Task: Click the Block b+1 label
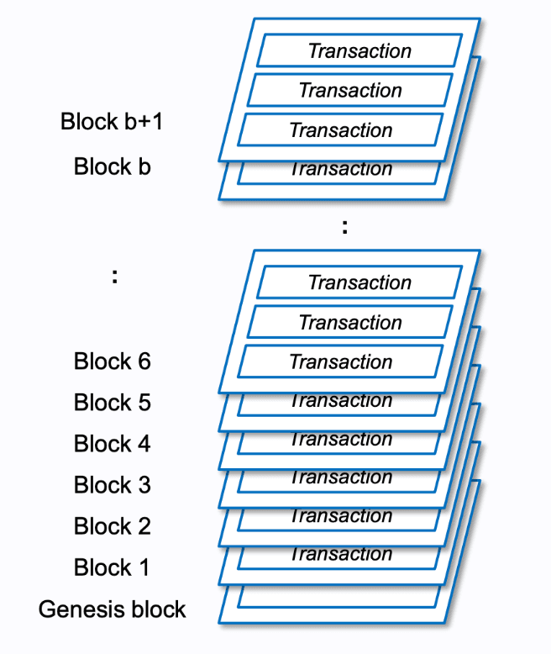pyautogui.click(x=112, y=121)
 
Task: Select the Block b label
pyautogui.click(x=112, y=166)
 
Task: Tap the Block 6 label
pyautogui.click(x=112, y=361)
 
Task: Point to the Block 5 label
pyautogui.click(x=112, y=403)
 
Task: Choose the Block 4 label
pyautogui.click(x=112, y=444)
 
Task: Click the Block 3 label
pyautogui.click(x=112, y=485)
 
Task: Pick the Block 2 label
pyautogui.click(x=112, y=526)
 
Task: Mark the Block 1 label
pyautogui.click(x=112, y=567)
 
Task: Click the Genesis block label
pyautogui.click(x=112, y=609)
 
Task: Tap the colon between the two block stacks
pyautogui.click(x=344, y=226)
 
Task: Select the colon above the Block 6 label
pyautogui.click(x=114, y=277)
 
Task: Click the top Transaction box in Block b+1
pyautogui.click(x=359, y=50)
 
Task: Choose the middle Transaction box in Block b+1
pyautogui.click(x=350, y=90)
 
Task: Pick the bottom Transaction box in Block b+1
pyautogui.click(x=340, y=129)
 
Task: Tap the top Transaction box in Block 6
pyautogui.click(x=359, y=282)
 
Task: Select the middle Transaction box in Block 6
pyautogui.click(x=350, y=322)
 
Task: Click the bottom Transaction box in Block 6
pyautogui.click(x=340, y=361)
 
